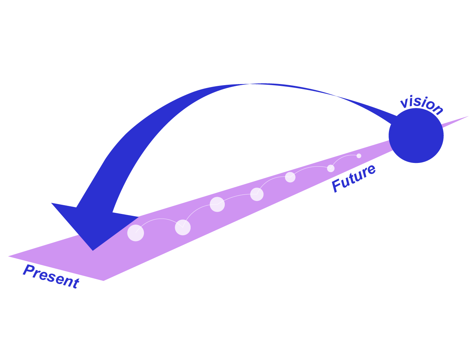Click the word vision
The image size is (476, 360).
point(422,105)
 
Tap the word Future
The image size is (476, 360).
point(353,178)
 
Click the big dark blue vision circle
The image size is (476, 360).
point(416,135)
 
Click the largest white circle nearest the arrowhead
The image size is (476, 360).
point(136,233)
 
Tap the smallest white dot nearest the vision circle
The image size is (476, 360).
point(359,156)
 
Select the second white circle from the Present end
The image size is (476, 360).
point(183,228)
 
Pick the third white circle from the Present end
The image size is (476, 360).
point(217,204)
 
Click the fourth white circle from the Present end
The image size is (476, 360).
point(257,194)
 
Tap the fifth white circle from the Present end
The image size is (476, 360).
point(290,177)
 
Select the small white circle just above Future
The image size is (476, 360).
point(331,168)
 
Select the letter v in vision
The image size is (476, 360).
point(404,102)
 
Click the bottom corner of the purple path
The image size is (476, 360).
point(104,280)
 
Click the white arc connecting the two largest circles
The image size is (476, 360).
point(159,219)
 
